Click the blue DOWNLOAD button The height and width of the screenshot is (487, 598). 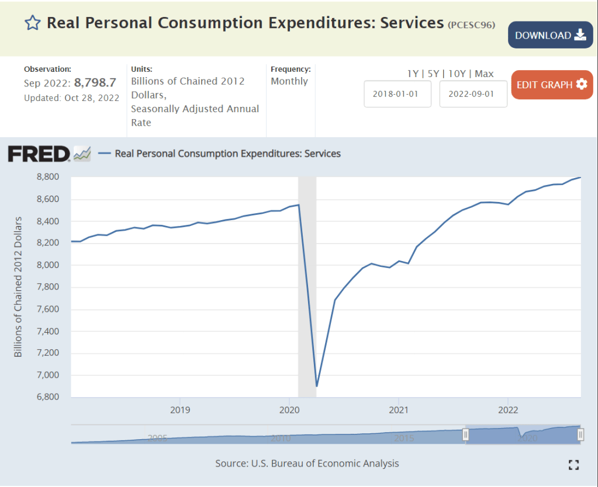550,35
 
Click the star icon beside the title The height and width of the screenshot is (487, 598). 32,23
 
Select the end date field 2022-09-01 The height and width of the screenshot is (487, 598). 473,94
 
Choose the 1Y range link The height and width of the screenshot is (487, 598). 413,74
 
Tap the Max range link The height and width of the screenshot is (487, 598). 484,74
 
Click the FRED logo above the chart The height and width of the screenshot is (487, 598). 39,154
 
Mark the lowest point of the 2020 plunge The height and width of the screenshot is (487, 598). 316,386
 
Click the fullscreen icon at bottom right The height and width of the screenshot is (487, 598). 573,465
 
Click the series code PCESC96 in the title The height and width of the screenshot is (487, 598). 472,25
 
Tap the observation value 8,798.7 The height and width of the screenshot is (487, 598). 95,83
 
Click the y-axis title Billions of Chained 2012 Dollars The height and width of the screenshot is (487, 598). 18,287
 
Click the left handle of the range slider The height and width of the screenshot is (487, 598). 466,434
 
